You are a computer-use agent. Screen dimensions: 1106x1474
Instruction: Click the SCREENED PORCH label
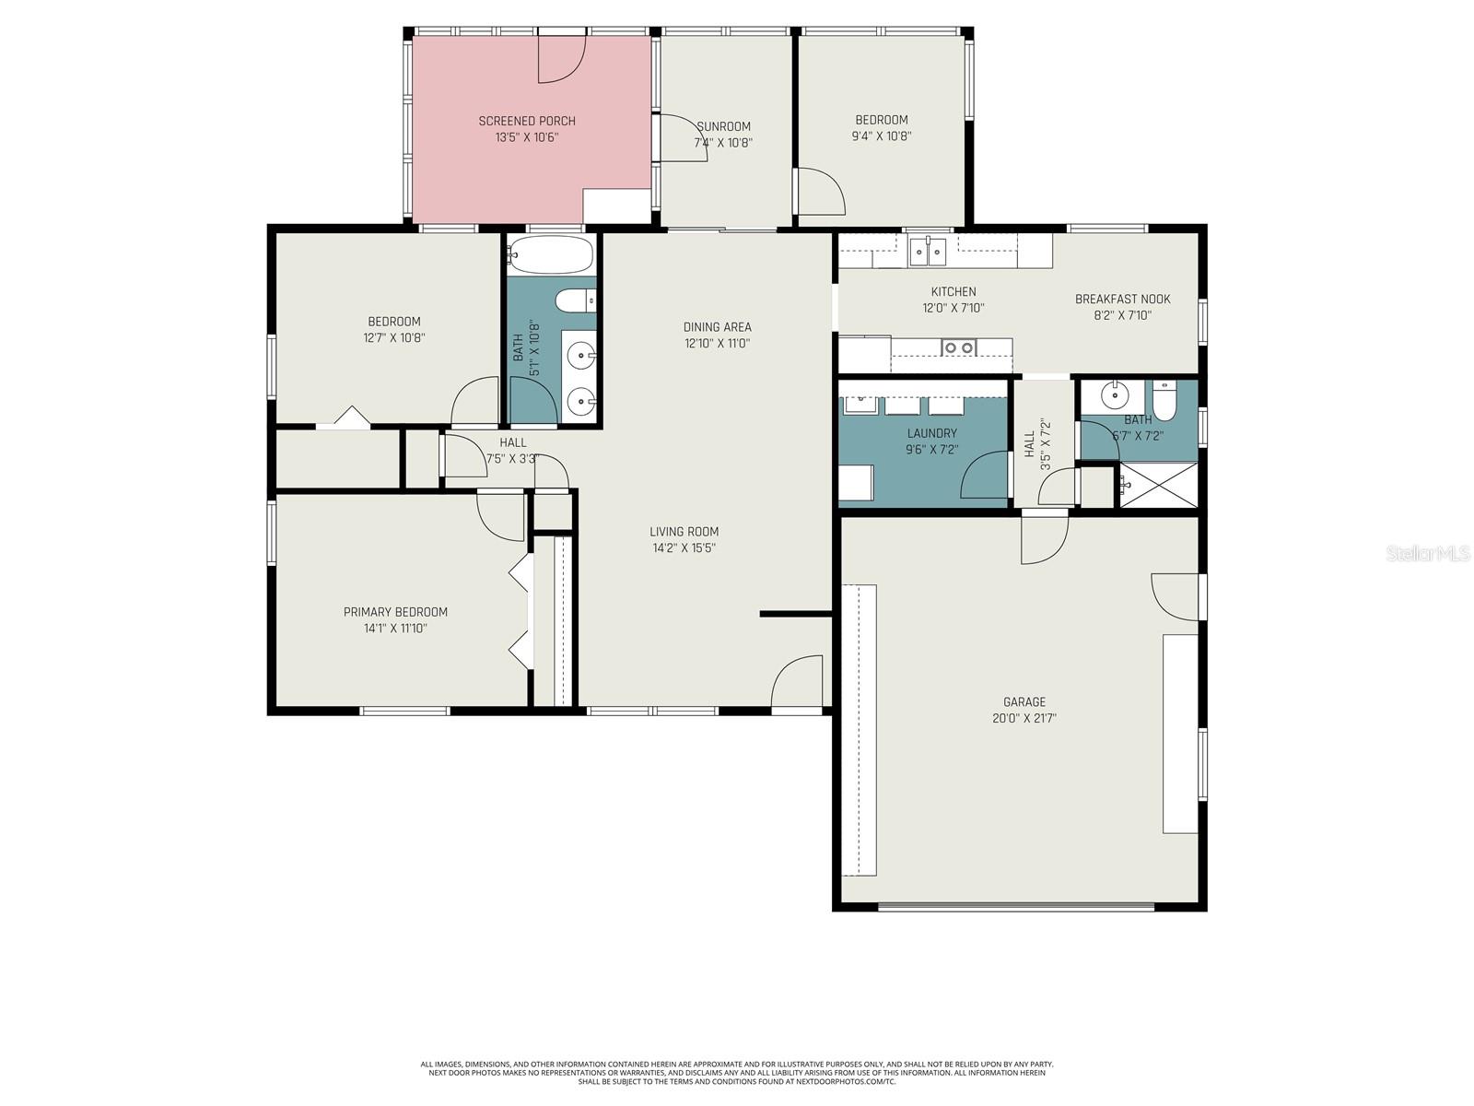coord(527,121)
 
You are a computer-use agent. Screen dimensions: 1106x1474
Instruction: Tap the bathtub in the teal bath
coord(552,254)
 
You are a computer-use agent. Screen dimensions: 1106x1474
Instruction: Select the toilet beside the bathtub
coord(577,300)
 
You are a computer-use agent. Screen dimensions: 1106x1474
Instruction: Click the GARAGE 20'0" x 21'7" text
coord(1024,710)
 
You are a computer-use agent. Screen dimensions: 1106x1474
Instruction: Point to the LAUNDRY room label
coord(931,433)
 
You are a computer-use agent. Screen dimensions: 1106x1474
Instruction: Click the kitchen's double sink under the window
coord(927,251)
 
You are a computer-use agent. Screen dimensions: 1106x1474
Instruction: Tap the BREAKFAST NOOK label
coord(1122,299)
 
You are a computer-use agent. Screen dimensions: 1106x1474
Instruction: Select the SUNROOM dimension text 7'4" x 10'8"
coord(723,143)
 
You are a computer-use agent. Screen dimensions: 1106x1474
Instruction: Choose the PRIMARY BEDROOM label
coord(395,612)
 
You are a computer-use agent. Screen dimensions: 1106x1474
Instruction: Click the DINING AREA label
coord(717,326)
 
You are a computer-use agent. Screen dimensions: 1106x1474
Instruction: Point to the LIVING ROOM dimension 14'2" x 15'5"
coord(684,547)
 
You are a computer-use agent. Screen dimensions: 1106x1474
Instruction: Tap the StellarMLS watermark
coord(1427,554)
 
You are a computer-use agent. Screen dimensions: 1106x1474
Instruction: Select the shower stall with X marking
coord(1157,484)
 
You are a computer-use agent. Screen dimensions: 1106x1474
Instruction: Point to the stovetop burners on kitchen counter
coord(957,347)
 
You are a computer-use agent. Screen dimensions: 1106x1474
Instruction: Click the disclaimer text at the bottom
coord(736,1073)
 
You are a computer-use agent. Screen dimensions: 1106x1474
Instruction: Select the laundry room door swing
coord(985,476)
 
